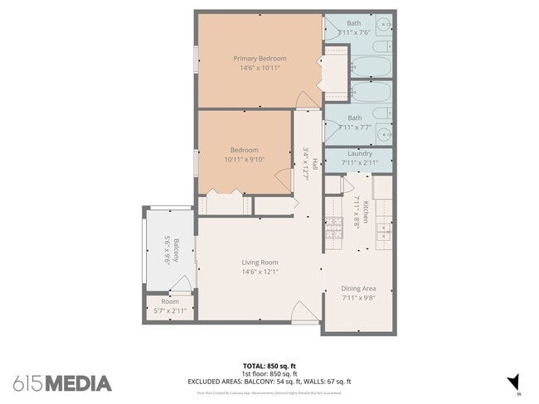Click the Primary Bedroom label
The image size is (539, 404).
tap(260, 59)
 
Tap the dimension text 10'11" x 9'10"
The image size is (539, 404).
tap(244, 160)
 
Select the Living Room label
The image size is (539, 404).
tap(260, 262)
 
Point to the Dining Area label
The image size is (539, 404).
tap(358, 288)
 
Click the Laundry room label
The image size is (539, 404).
tap(358, 153)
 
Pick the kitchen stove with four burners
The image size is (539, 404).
tap(333, 228)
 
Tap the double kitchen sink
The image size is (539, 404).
tap(384, 228)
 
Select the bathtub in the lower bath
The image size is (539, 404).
tap(365, 90)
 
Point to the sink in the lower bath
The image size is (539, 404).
tap(384, 132)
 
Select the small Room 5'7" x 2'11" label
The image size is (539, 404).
tap(170, 306)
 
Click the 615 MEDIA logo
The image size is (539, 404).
tap(62, 383)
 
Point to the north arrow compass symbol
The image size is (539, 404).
tap(514, 381)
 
